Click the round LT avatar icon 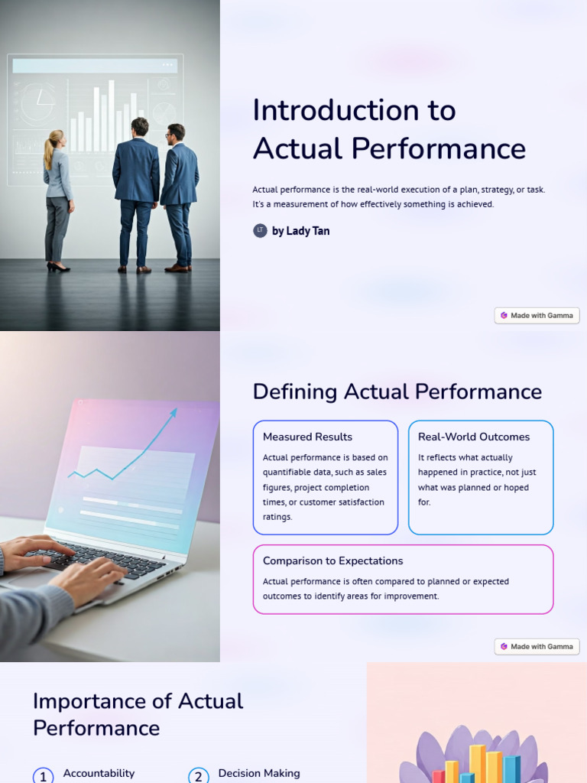pos(260,230)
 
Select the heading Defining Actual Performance pos(397,391)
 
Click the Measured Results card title pos(307,437)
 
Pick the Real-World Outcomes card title pos(473,437)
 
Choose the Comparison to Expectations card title pos(332,560)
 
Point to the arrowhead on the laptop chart pos(174,412)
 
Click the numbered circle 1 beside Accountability pos(43,775)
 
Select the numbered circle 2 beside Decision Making pos(198,775)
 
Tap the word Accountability pos(99,773)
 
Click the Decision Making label pos(258,773)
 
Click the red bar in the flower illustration pos(439,775)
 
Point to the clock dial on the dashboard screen pos(37,103)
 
